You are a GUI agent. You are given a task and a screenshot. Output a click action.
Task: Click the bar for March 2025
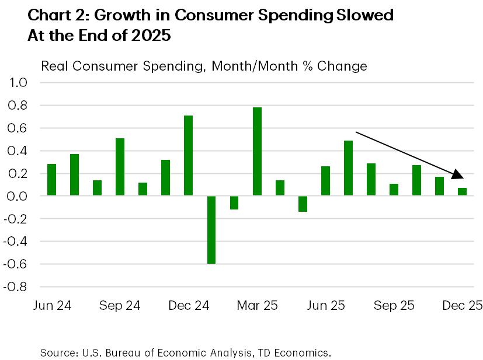pyautogui.click(x=257, y=152)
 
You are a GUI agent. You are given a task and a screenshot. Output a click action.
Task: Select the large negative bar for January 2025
pyautogui.click(x=211, y=230)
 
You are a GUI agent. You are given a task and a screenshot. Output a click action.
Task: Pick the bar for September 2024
pyautogui.click(x=120, y=167)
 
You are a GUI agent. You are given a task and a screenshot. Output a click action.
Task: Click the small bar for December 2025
pyautogui.click(x=463, y=192)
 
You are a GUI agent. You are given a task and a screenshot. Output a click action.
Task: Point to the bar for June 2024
pyautogui.click(x=51, y=180)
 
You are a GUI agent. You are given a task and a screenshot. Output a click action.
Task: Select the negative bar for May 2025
pyautogui.click(x=303, y=204)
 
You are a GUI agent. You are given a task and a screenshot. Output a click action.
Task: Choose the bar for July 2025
pyautogui.click(x=348, y=168)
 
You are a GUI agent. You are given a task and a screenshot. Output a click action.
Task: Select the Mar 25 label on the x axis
pyautogui.click(x=257, y=306)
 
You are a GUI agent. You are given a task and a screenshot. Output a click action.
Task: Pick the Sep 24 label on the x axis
pyautogui.click(x=120, y=306)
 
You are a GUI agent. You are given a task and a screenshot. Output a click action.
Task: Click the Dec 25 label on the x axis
pyautogui.click(x=461, y=306)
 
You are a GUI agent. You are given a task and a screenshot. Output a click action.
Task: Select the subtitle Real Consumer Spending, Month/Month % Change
pyautogui.click(x=204, y=66)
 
